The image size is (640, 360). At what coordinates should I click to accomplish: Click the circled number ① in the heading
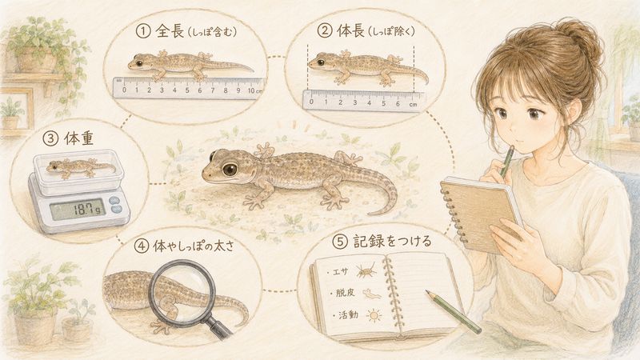(143, 31)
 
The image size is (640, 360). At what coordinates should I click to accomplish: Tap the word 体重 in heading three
(78, 138)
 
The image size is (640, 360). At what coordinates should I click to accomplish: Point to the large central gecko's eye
(230, 169)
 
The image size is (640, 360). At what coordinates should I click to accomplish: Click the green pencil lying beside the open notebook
(453, 311)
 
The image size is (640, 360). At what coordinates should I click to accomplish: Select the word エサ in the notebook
(339, 272)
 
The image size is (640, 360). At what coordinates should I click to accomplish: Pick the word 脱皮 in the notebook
(346, 293)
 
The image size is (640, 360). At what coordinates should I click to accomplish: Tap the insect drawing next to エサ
(366, 271)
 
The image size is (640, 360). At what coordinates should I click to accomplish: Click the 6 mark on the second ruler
(398, 104)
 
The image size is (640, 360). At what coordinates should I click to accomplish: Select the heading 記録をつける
(392, 242)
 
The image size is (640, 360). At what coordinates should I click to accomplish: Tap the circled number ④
(142, 246)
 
